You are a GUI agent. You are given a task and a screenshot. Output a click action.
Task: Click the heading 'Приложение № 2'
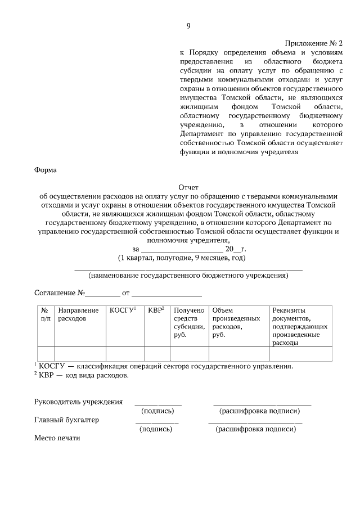pos(314,43)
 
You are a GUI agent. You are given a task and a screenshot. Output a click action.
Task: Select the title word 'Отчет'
pos(188,187)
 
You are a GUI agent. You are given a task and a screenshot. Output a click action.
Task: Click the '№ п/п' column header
pos(45,314)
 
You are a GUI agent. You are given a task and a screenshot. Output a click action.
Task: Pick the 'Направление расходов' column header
pos(78,314)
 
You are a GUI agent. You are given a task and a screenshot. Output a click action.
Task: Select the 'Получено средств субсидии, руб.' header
pos(189,322)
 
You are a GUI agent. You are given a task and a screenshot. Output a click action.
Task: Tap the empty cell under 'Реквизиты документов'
pos(300,354)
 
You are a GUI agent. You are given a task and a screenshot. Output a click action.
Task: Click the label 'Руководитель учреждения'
pos(78,402)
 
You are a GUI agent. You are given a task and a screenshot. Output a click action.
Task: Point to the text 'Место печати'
pos(57,438)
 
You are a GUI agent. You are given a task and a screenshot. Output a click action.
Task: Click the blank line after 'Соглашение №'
pos(103,294)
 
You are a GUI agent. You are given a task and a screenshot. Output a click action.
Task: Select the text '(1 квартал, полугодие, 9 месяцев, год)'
pos(182,258)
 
